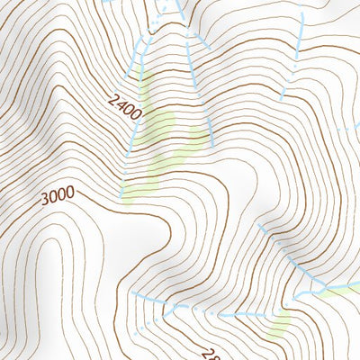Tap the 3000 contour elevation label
(57, 196)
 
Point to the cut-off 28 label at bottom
(209, 354)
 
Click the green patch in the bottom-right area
(281, 321)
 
